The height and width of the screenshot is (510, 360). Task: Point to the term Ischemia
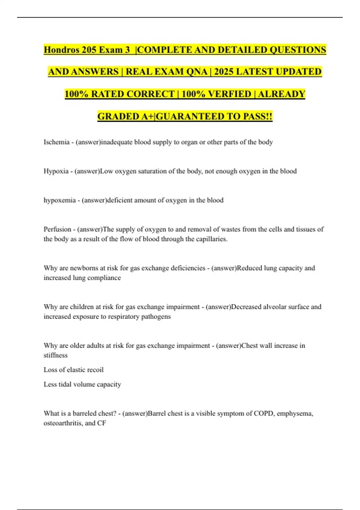coord(56,142)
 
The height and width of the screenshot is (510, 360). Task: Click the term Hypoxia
coord(56,171)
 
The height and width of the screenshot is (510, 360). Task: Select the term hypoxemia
coord(59,200)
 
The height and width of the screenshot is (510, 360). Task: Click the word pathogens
coord(156,316)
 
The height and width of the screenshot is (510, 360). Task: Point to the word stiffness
coord(55,355)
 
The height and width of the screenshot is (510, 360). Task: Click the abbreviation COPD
coord(264,413)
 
